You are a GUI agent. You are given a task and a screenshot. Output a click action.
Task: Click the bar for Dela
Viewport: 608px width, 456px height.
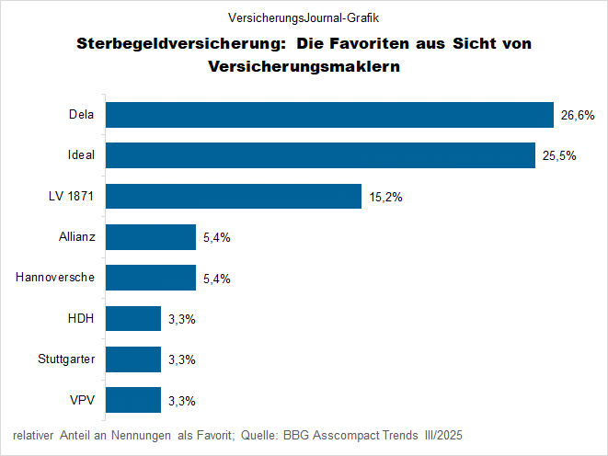point(329,115)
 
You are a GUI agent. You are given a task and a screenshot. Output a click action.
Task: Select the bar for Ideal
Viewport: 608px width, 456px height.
point(321,155)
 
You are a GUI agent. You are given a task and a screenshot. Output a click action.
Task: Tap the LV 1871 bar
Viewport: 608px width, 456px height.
point(234,197)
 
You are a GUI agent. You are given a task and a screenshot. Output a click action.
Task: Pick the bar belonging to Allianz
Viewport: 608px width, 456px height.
point(151,237)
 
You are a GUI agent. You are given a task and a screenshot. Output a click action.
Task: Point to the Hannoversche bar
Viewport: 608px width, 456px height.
point(151,278)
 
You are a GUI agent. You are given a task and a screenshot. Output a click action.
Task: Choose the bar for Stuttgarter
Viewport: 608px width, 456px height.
point(133,359)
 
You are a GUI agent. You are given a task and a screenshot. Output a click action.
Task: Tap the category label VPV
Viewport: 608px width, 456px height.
point(84,400)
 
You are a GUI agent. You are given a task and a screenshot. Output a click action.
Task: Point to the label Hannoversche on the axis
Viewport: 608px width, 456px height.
point(55,278)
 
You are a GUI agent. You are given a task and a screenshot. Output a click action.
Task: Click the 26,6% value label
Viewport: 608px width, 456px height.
point(577,116)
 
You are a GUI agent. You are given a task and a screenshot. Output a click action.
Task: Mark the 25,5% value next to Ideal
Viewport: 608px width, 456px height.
point(559,156)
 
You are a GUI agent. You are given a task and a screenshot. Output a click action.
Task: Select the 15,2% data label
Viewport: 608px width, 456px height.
point(385,197)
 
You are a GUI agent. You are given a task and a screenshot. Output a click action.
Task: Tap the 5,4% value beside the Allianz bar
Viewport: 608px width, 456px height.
point(216,238)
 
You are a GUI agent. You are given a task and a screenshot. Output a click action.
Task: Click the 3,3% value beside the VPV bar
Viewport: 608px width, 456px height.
point(181,401)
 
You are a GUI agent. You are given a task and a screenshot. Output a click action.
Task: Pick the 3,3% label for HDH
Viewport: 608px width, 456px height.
point(181,319)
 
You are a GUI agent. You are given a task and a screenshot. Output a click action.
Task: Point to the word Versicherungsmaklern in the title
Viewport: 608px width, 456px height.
point(304,66)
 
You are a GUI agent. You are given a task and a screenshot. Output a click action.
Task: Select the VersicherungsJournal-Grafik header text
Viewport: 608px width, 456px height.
point(303,17)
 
